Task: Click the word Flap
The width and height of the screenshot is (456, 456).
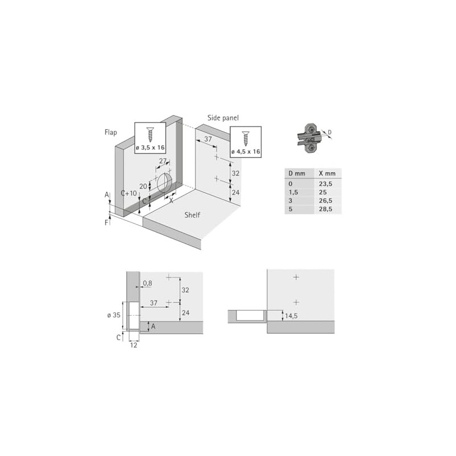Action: pyautogui.click(x=110, y=132)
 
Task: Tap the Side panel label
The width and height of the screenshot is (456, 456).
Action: pyautogui.click(x=223, y=118)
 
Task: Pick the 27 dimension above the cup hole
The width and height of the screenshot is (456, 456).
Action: pyautogui.click(x=162, y=161)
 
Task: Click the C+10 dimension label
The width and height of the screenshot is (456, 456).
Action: pyautogui.click(x=129, y=193)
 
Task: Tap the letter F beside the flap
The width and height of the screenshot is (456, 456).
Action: pyautogui.click(x=107, y=222)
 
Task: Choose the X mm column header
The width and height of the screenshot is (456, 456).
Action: pyautogui.click(x=327, y=173)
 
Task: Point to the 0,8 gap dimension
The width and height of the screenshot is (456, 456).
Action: pyautogui.click(x=148, y=283)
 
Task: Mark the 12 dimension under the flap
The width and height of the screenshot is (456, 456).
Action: pyautogui.click(x=133, y=345)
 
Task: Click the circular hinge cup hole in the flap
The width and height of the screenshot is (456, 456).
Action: pyautogui.click(x=165, y=183)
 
